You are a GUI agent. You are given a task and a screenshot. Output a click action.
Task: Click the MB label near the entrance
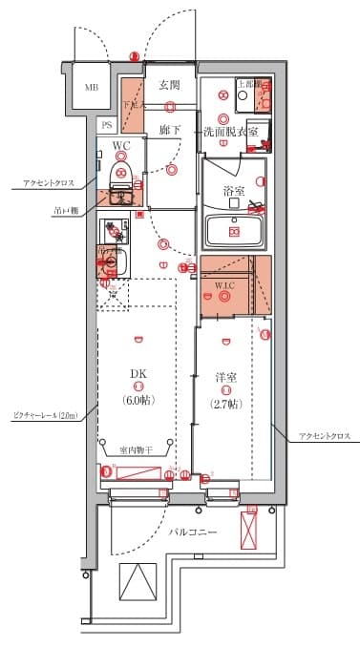click(x=92, y=88)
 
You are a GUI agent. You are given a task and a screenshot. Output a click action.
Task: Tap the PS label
click(x=107, y=125)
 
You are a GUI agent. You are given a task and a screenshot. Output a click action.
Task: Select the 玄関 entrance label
click(x=170, y=85)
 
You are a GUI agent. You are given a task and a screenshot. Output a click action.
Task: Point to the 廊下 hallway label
click(x=170, y=129)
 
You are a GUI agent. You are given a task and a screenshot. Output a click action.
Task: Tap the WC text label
click(x=121, y=145)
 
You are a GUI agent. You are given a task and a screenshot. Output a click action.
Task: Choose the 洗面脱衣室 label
click(x=229, y=131)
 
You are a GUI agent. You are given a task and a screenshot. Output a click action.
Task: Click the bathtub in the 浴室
click(x=234, y=230)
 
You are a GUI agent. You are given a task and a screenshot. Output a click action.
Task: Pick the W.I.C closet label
click(x=224, y=284)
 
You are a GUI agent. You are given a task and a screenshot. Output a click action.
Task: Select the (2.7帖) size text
click(x=225, y=402)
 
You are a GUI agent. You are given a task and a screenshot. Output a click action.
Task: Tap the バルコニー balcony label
click(x=194, y=532)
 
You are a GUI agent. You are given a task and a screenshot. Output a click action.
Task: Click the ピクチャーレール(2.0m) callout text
click(x=43, y=416)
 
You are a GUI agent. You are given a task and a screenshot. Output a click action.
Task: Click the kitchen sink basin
click(x=112, y=261)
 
